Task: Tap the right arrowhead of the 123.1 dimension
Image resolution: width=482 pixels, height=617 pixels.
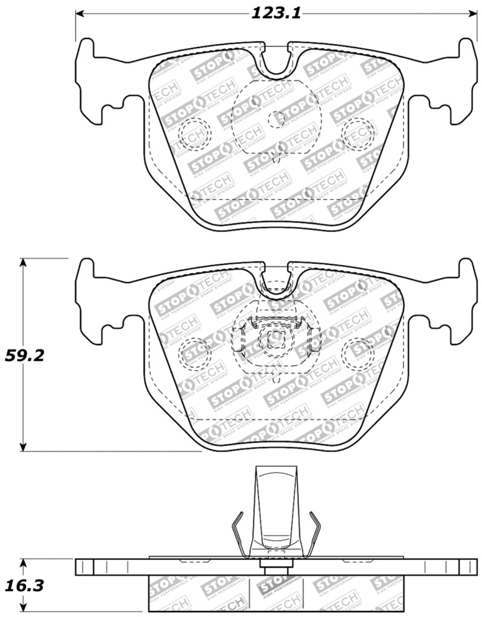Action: pyautogui.click(x=471, y=13)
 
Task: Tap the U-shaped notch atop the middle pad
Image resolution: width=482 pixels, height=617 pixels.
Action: pyautogui.click(x=277, y=279)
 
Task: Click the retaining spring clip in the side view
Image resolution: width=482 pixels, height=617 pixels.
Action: pyautogui.click(x=276, y=512)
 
